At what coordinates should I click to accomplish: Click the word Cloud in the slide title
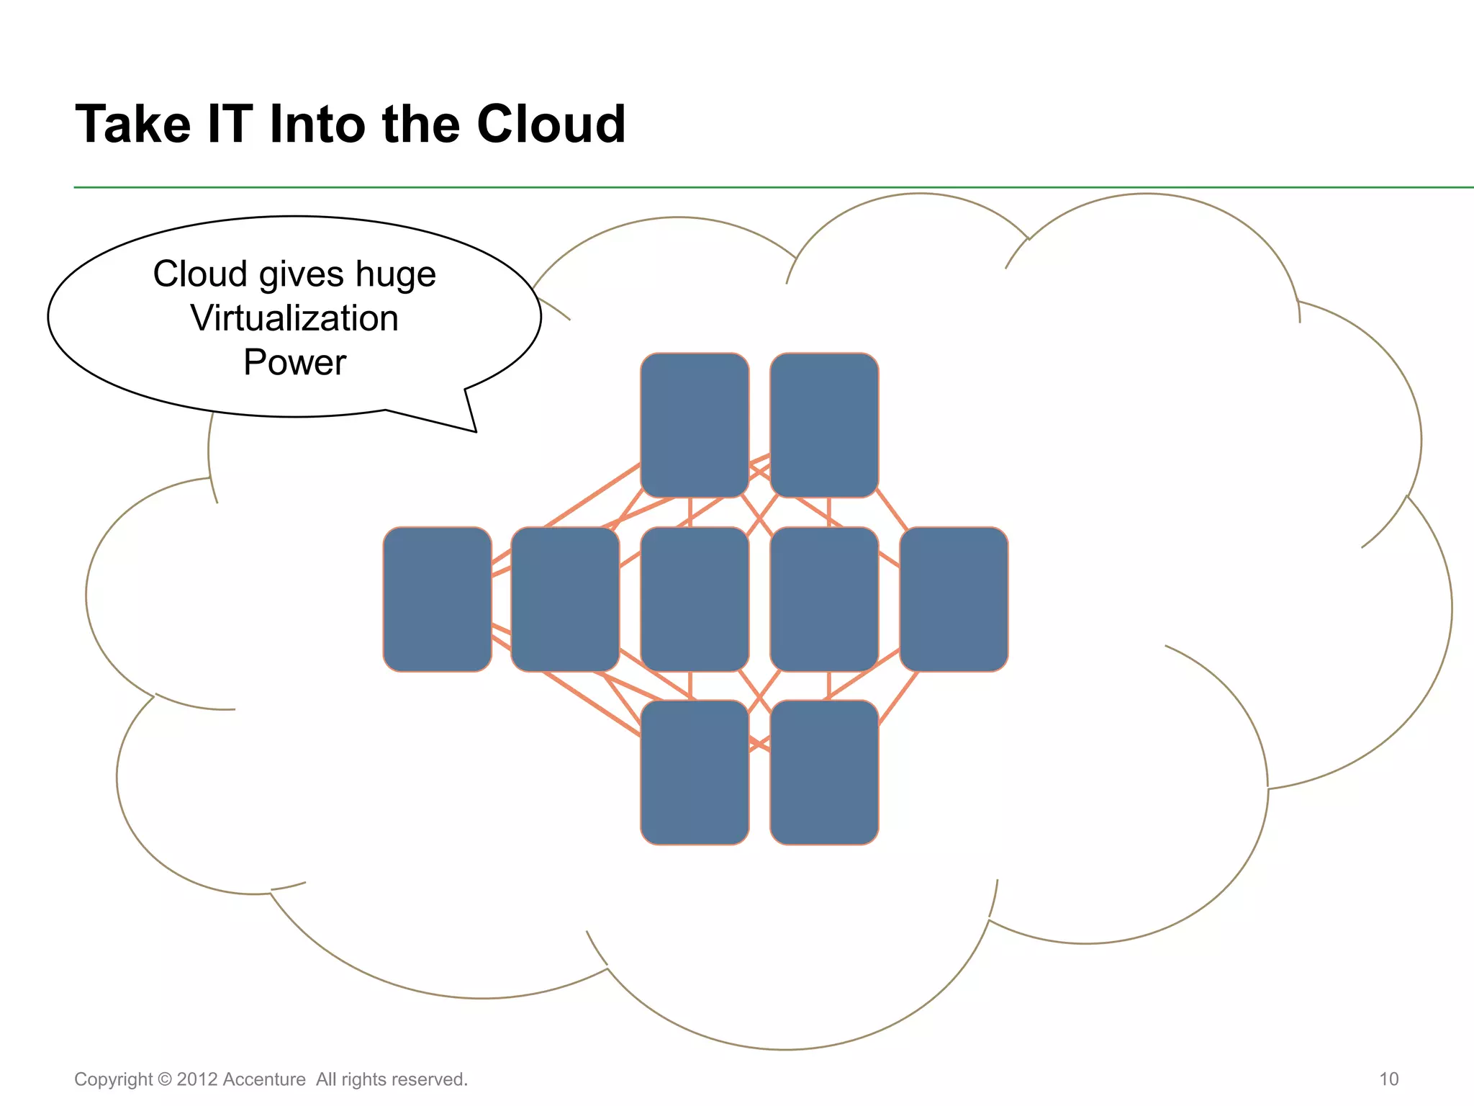[x=551, y=125]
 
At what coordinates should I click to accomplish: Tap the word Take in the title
[x=133, y=125]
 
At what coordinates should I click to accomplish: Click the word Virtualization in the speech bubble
[x=294, y=318]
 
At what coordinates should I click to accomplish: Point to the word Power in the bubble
[x=294, y=362]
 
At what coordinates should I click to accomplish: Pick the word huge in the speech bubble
[x=396, y=275]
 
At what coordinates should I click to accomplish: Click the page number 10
[x=1388, y=1079]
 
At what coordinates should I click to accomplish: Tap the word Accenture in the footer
[x=264, y=1079]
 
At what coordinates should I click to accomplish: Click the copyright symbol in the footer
[x=165, y=1079]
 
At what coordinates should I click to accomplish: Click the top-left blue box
[x=695, y=425]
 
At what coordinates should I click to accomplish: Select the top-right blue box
[x=824, y=425]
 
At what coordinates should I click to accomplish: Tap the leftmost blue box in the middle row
[x=437, y=599]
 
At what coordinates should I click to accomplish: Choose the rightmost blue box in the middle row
[x=954, y=599]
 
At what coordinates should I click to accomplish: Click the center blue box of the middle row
[x=695, y=599]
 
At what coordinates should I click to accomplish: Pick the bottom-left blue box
[x=695, y=772]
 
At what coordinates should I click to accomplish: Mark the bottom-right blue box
[x=824, y=772]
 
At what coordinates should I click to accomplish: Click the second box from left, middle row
[x=565, y=599]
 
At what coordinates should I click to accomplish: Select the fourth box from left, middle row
[x=824, y=599]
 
